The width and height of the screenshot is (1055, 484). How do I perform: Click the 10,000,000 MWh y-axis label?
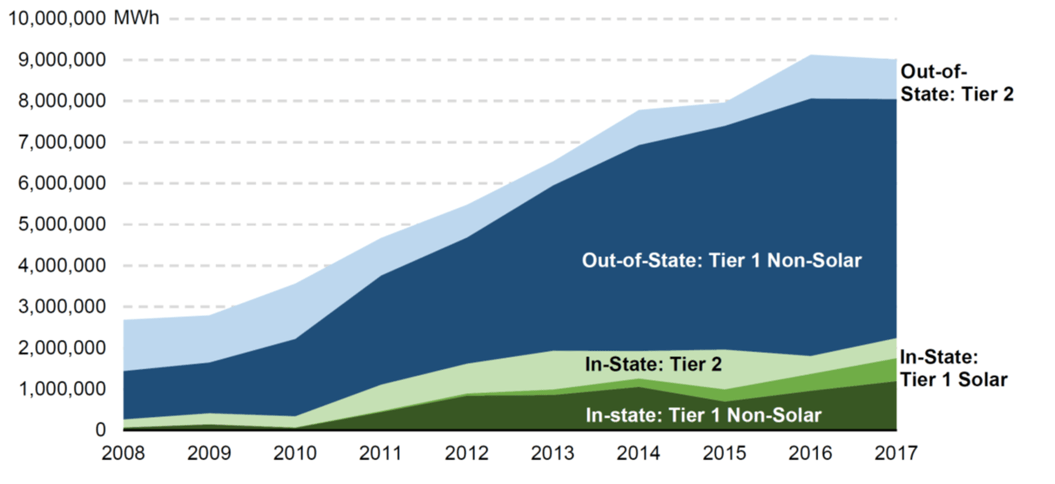click(83, 18)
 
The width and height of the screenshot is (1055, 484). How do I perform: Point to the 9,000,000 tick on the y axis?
click(62, 60)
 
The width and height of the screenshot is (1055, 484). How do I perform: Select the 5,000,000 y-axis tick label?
click(62, 224)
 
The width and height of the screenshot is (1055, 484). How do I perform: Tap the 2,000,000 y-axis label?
click(62, 348)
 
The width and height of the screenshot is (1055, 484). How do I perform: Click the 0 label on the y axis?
click(100, 430)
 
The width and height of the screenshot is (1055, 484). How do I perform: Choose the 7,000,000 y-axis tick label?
click(62, 142)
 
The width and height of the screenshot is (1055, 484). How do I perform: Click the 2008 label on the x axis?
click(123, 453)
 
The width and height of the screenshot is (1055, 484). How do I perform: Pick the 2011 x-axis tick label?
click(381, 453)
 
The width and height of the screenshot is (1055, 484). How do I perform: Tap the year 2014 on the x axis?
click(638, 453)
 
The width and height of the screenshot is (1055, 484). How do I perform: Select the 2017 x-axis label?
click(896, 453)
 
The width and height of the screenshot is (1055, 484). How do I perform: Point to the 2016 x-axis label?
click(810, 453)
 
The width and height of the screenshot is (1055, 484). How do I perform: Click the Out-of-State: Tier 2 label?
click(957, 83)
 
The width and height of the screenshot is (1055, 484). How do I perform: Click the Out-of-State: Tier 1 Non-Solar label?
click(721, 260)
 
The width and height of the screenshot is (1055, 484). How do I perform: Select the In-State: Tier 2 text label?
click(653, 364)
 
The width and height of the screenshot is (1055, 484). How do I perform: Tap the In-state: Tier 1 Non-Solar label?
click(703, 415)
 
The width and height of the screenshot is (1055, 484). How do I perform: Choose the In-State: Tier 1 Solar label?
click(953, 368)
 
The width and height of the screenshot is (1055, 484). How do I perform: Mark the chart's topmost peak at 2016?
click(810, 55)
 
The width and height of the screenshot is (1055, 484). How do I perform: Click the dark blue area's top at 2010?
click(295, 339)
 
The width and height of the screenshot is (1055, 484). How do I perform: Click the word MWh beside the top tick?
click(136, 18)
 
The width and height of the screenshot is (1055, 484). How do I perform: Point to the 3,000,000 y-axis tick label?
click(62, 306)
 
